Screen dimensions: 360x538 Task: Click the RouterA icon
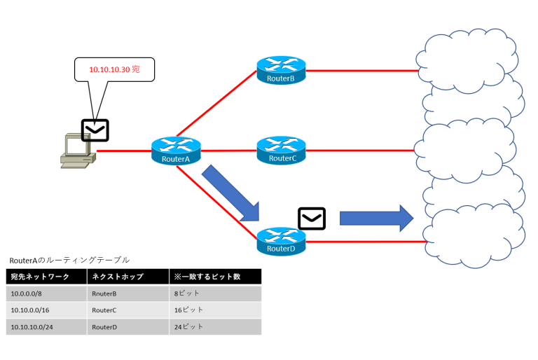[x=176, y=151]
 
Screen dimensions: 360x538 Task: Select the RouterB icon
[x=281, y=70]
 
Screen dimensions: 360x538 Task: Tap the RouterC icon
[x=281, y=150]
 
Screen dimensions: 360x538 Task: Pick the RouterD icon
[x=281, y=240]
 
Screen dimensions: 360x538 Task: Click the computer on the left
[x=75, y=151]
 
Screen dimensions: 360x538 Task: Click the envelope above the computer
[x=95, y=130]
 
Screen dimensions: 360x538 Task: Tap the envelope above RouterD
[x=312, y=219]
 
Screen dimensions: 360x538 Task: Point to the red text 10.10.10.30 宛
[x=114, y=70]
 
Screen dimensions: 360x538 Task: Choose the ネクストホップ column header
[x=116, y=277]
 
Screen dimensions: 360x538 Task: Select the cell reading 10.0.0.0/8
[x=28, y=293]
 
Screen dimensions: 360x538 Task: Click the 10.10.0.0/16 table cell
[x=32, y=310]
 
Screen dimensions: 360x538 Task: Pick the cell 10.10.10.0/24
[x=34, y=326]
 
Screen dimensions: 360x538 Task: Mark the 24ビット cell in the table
[x=189, y=326]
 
